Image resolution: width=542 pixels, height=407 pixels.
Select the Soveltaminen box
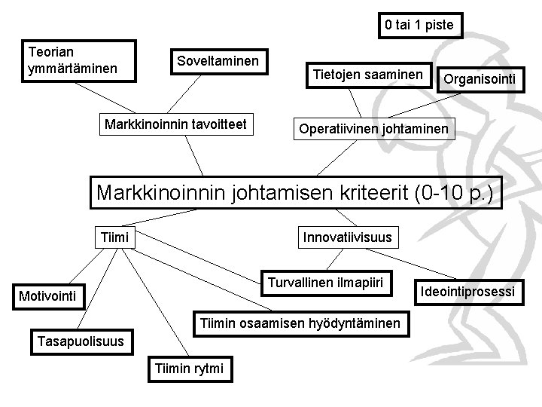pos(218,60)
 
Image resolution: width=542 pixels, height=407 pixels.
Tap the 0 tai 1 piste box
pos(419,25)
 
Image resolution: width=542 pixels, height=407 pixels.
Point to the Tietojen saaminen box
pos(368,73)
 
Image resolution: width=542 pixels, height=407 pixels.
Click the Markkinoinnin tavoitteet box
pos(177,123)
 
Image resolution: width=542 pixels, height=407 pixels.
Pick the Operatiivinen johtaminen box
pos(373,130)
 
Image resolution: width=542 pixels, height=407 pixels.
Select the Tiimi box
pos(115,238)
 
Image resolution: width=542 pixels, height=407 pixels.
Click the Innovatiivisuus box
pos(347,238)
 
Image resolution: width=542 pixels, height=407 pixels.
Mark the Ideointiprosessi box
pos(467,291)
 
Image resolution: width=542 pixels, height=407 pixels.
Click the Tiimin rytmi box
pos(192,369)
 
